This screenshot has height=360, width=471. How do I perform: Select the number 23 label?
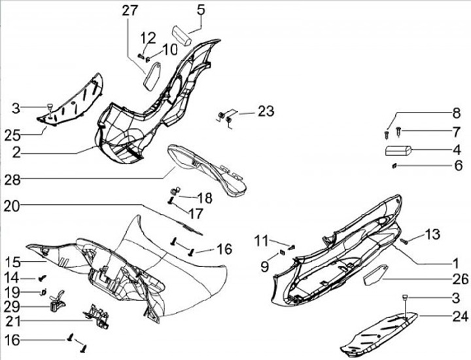(266, 111)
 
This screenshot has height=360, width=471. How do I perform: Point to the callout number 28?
(11, 179)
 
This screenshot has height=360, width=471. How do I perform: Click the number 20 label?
(11, 206)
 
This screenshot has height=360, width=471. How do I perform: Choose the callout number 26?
(460, 279)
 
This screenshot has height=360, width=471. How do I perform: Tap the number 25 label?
(11, 135)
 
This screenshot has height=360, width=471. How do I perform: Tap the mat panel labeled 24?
(383, 331)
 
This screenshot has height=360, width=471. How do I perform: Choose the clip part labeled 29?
(57, 301)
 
